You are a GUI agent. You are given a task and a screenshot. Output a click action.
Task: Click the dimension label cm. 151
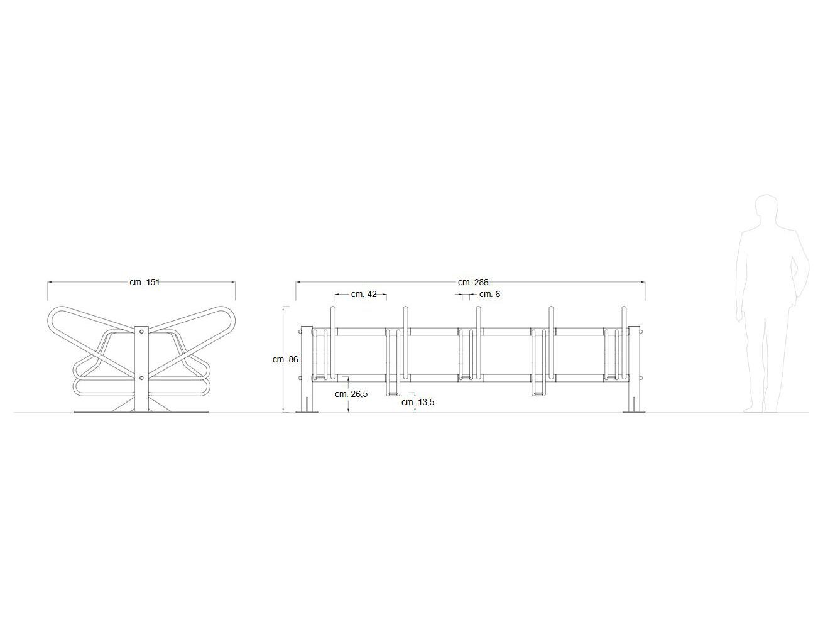click(x=145, y=282)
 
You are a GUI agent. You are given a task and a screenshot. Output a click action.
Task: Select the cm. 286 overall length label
click(x=473, y=282)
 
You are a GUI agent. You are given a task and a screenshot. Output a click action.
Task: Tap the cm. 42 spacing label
click(x=364, y=294)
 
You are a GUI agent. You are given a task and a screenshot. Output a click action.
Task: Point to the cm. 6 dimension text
click(x=489, y=294)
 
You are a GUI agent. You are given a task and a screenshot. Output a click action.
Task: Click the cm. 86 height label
click(x=285, y=359)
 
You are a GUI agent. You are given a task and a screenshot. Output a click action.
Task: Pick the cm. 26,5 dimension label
click(x=351, y=394)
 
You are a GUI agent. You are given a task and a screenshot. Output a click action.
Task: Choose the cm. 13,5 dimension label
click(x=418, y=402)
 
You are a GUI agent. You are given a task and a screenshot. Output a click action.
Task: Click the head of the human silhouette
click(x=765, y=210)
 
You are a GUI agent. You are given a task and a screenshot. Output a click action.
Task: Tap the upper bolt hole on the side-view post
click(x=141, y=332)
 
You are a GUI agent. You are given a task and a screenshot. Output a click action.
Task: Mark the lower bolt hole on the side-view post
click(x=141, y=378)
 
